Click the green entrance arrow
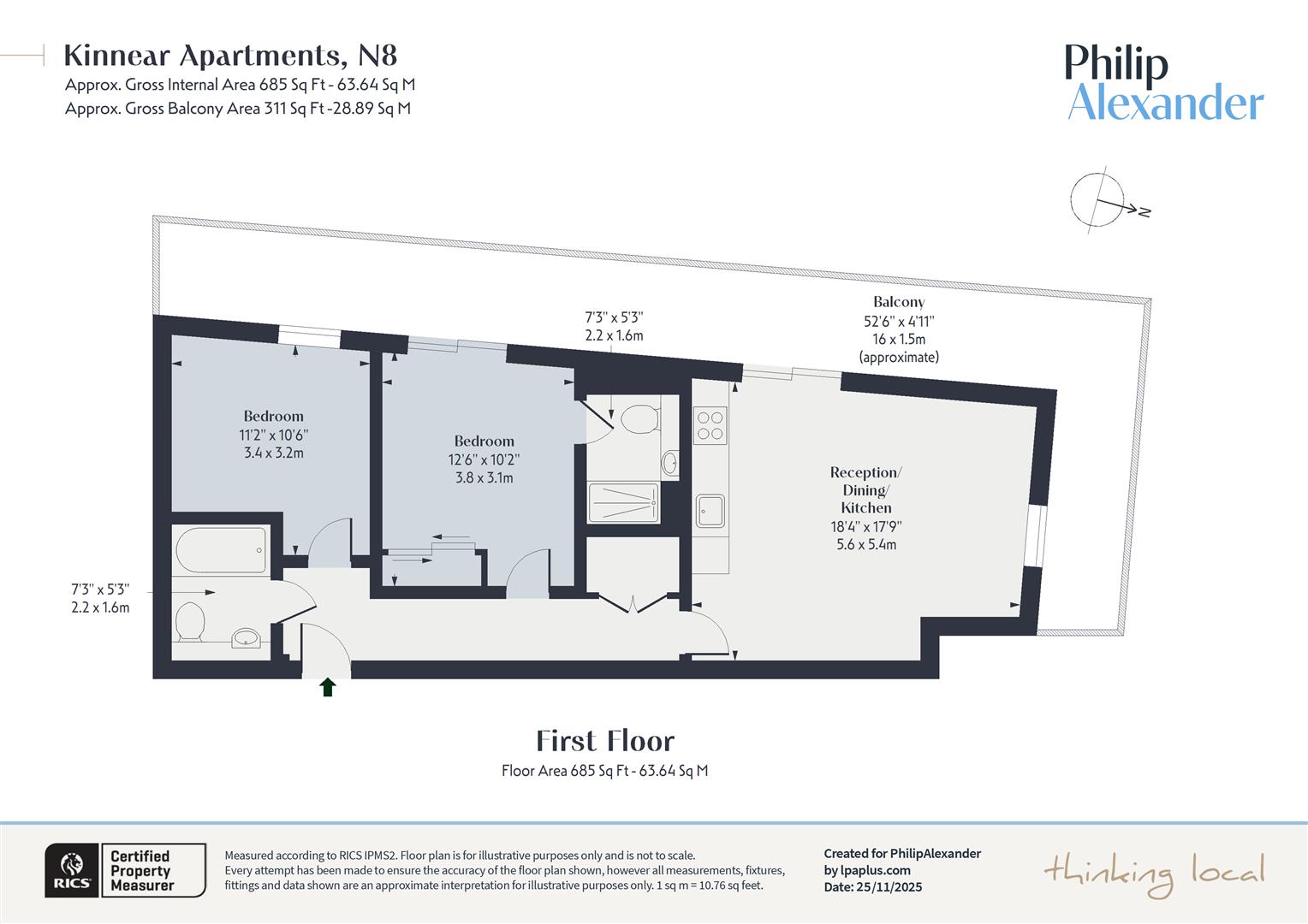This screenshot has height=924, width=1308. pyautogui.click(x=327, y=687)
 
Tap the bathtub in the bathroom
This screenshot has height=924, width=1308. pyautogui.click(x=221, y=550)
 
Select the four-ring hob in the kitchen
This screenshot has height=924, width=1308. pyautogui.click(x=710, y=424)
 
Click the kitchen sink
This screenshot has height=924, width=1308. pyautogui.click(x=710, y=511)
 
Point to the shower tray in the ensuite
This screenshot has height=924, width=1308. pyautogui.click(x=623, y=503)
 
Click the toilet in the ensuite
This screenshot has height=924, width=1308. pyautogui.click(x=639, y=419)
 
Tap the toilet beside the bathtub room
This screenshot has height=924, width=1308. pyautogui.click(x=189, y=622)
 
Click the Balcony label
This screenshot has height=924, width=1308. pyautogui.click(x=899, y=302)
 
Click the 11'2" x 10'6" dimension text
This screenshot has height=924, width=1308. pyautogui.click(x=273, y=435)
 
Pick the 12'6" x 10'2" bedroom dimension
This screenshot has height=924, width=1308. pyautogui.click(x=484, y=459)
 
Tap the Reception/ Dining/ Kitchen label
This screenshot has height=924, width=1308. pyautogui.click(x=865, y=489)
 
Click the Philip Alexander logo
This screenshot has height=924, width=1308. pyautogui.click(x=1164, y=83)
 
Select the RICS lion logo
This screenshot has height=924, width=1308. pyautogui.click(x=72, y=871)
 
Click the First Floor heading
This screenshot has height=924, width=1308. pyautogui.click(x=605, y=741)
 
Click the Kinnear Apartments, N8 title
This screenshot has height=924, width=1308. pyautogui.click(x=230, y=56)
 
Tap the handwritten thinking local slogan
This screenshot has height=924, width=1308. pyautogui.click(x=1154, y=873)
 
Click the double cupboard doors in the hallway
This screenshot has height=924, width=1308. pyautogui.click(x=632, y=603)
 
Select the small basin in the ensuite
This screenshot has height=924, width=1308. pyautogui.click(x=669, y=463)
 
